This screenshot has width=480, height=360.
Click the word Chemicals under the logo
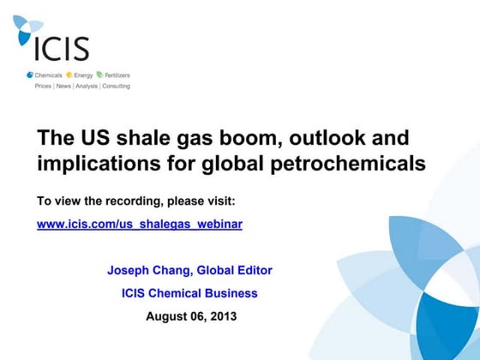pos(48,75)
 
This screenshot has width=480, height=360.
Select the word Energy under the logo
pos(82,75)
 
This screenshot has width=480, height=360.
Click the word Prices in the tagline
pos(43,86)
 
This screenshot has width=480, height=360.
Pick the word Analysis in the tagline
pos(87,86)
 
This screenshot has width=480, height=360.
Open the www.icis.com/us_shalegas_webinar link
pos(140,224)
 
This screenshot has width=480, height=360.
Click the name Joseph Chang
pos(148,270)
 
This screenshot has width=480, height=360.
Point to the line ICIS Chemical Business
pos(189,293)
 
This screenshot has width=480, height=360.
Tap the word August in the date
pos(165,316)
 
